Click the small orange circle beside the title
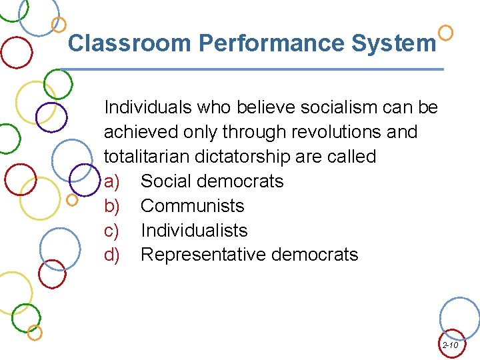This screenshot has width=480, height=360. pos(447,32)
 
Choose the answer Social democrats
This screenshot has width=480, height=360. pos(212,181)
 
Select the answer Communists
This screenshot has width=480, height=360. pos(193,206)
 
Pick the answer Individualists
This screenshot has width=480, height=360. pos(194,231)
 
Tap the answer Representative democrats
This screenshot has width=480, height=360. pos(249,255)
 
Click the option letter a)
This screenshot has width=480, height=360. pos(112,181)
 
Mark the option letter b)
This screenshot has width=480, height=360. pos(112,206)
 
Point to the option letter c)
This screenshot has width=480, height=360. pos(111,231)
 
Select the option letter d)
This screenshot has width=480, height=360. pos(112,255)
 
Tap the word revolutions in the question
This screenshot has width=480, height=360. pos(325,132)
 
